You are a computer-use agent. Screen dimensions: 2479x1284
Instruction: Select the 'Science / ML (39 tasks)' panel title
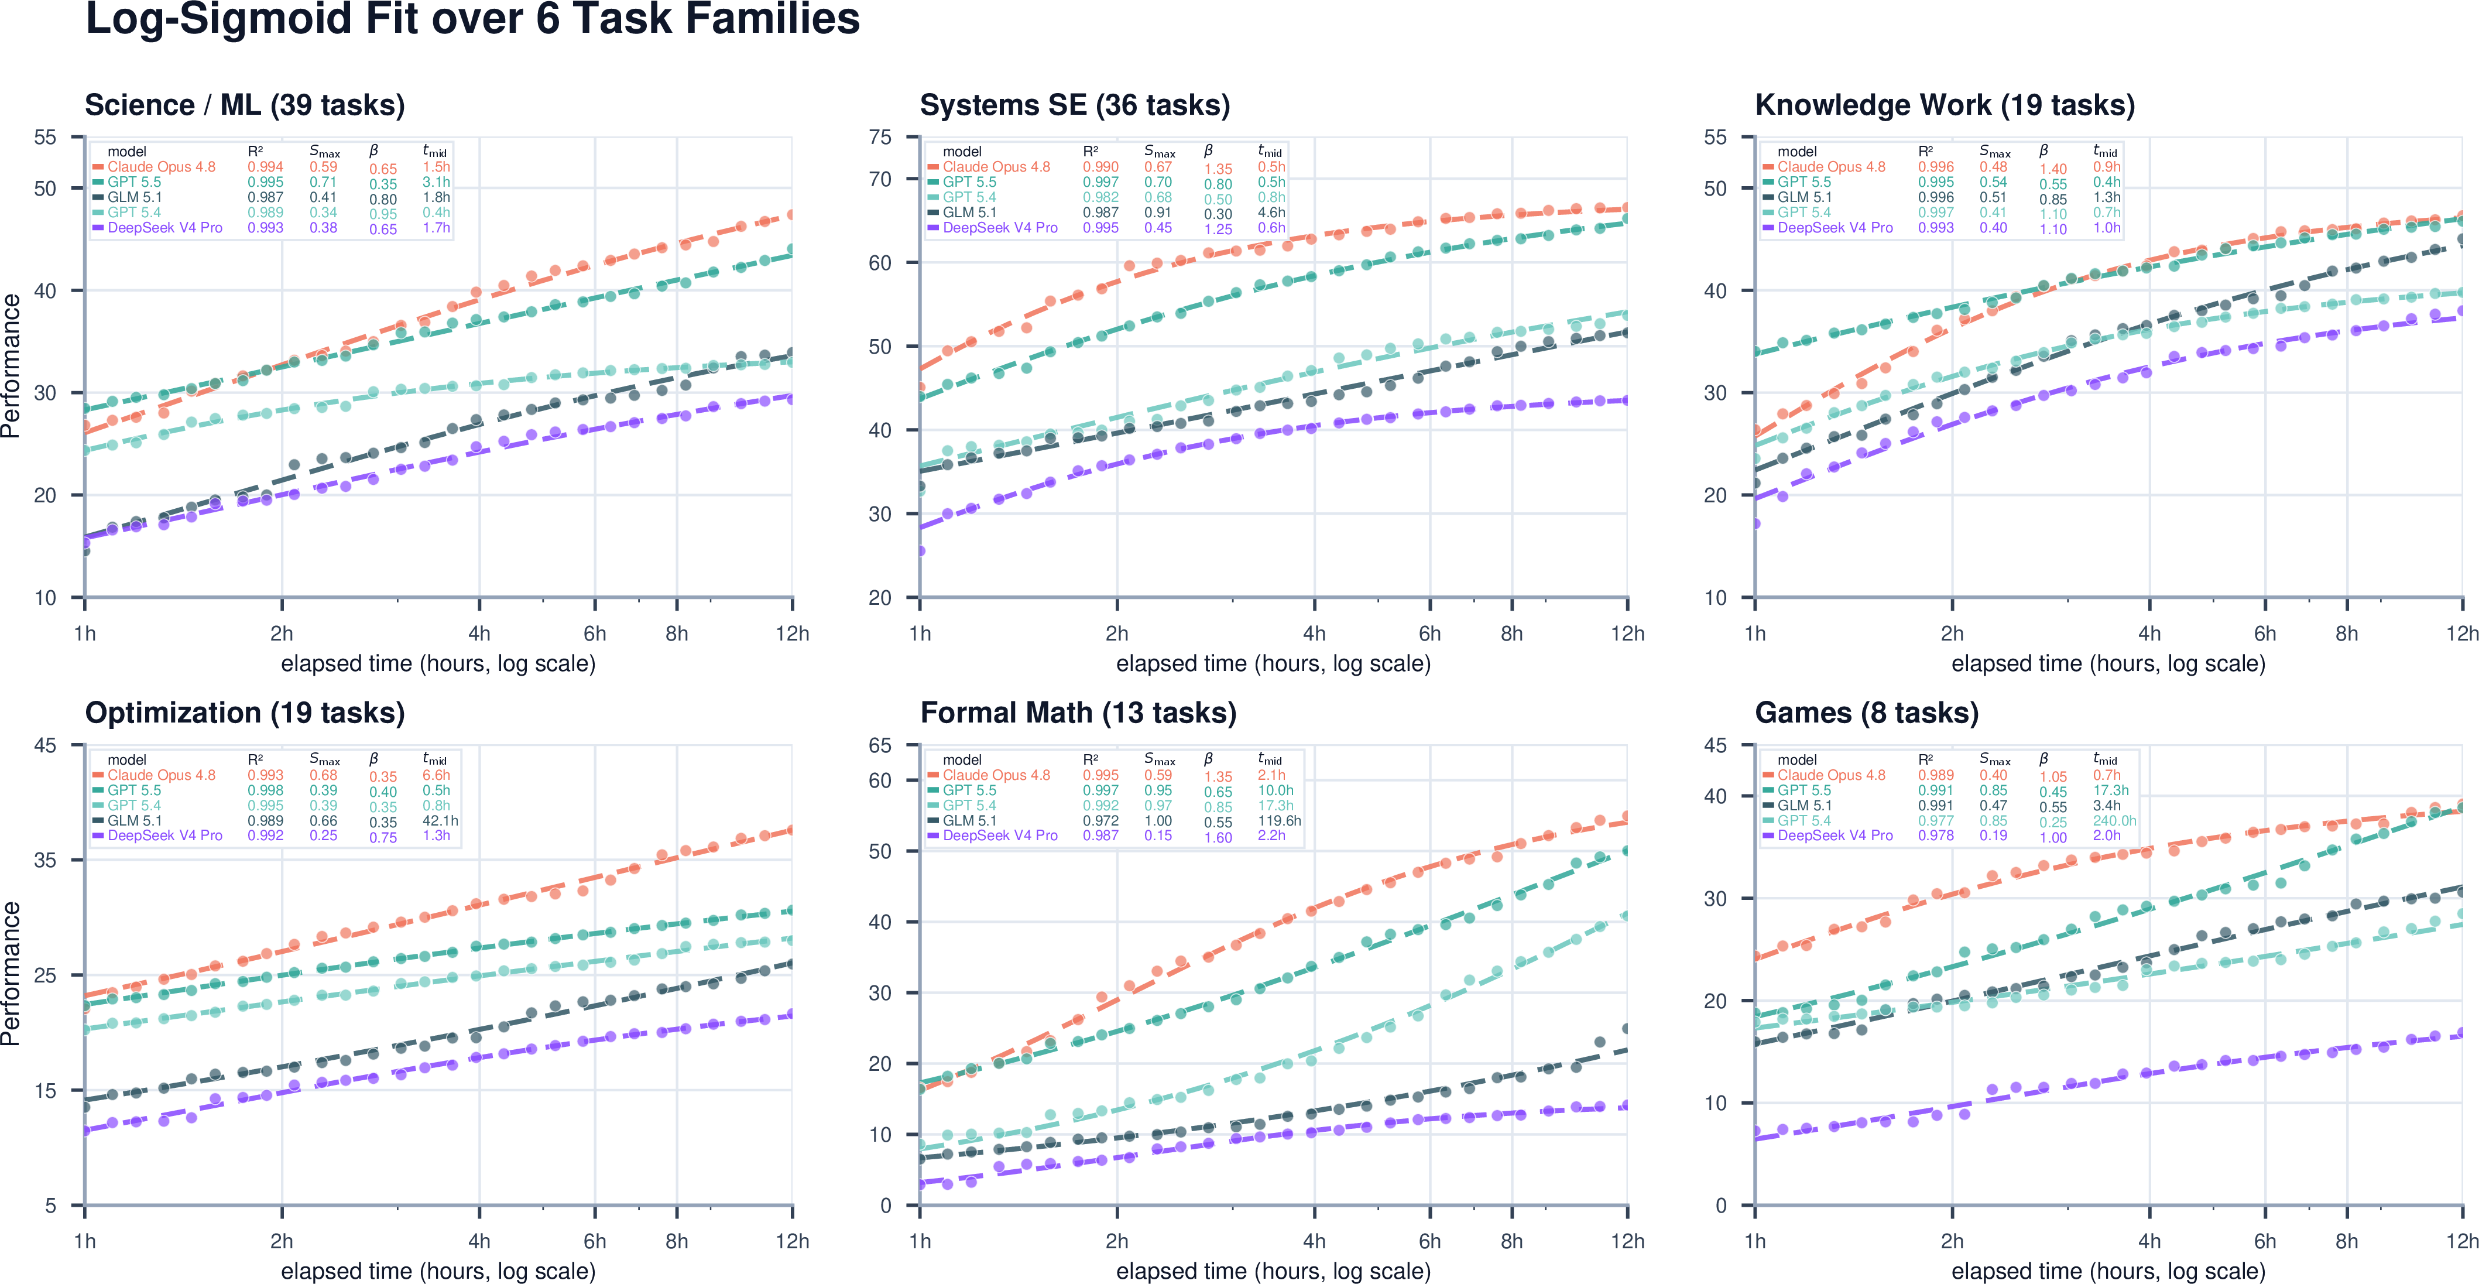(245, 105)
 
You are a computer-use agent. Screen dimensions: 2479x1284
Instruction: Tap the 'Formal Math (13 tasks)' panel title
(1078, 713)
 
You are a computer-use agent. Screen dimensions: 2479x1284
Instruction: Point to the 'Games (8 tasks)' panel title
(1866, 713)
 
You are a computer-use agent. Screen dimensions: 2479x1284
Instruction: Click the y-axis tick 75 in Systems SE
(880, 138)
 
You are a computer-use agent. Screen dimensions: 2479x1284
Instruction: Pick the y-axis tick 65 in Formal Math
(880, 745)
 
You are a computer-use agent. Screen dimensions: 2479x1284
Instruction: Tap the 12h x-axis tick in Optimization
(792, 1242)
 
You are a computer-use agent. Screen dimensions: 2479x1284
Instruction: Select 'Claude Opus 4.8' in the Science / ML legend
(162, 166)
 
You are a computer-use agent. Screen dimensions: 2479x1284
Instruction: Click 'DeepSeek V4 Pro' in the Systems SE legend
(1000, 228)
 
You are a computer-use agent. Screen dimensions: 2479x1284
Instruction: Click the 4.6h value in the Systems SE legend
(1271, 213)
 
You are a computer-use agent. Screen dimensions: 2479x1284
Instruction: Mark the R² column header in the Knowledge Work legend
(1926, 151)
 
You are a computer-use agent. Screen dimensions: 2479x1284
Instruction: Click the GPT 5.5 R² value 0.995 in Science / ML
(266, 182)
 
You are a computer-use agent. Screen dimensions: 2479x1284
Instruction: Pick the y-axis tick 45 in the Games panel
(1715, 745)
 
